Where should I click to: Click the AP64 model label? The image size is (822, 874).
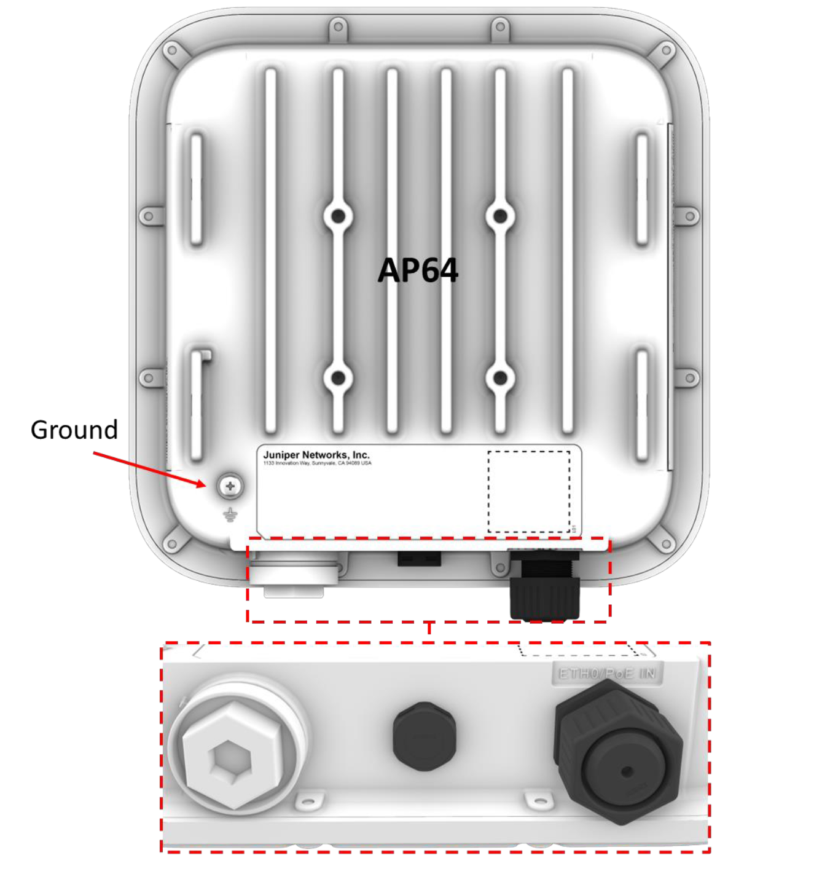tap(418, 270)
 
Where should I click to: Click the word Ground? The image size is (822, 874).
tap(74, 430)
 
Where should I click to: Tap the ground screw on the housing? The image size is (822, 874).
tap(230, 487)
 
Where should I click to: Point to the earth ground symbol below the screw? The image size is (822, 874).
tap(230, 515)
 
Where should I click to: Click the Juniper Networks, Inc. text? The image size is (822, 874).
tap(316, 455)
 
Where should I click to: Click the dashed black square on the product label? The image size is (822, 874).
tap(529, 492)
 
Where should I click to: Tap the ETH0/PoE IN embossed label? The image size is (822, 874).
tap(607, 674)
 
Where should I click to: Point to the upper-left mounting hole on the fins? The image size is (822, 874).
tap(338, 216)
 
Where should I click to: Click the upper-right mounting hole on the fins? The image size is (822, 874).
tap(500, 216)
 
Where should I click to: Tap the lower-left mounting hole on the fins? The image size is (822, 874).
tap(338, 378)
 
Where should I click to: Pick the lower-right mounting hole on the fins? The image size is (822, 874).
tap(500, 378)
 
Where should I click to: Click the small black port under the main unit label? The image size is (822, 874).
tap(419, 559)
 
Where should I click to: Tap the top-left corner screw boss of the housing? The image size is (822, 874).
tap(173, 50)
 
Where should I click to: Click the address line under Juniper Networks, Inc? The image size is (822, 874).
tap(317, 463)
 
